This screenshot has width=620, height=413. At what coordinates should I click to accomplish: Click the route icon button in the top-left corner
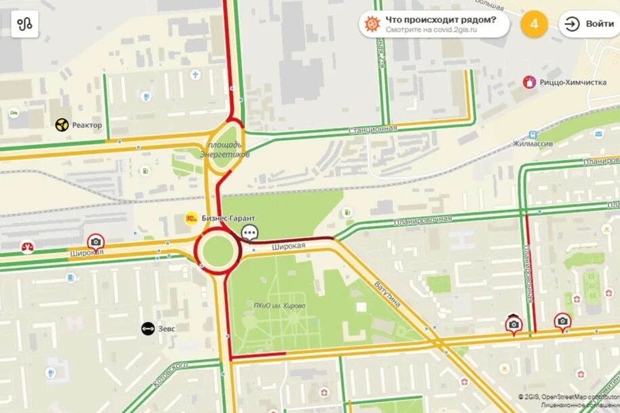tap(25, 24)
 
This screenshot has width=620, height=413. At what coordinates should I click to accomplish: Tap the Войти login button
tap(590, 24)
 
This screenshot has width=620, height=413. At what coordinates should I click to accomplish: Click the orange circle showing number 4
tap(534, 24)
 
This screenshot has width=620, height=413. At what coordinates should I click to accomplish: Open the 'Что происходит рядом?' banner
tap(434, 24)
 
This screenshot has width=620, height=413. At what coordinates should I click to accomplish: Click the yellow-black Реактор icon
tap(62, 125)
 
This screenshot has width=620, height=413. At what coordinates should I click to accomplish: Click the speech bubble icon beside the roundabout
tap(249, 234)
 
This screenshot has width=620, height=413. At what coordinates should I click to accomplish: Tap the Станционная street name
tap(372, 129)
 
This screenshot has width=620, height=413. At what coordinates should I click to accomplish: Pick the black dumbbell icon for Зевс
tap(148, 328)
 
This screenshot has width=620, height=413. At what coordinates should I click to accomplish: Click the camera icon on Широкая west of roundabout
tap(96, 242)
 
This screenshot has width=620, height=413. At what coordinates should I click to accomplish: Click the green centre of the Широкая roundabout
tap(217, 250)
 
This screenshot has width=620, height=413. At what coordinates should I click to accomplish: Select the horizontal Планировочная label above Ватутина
tap(422, 220)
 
